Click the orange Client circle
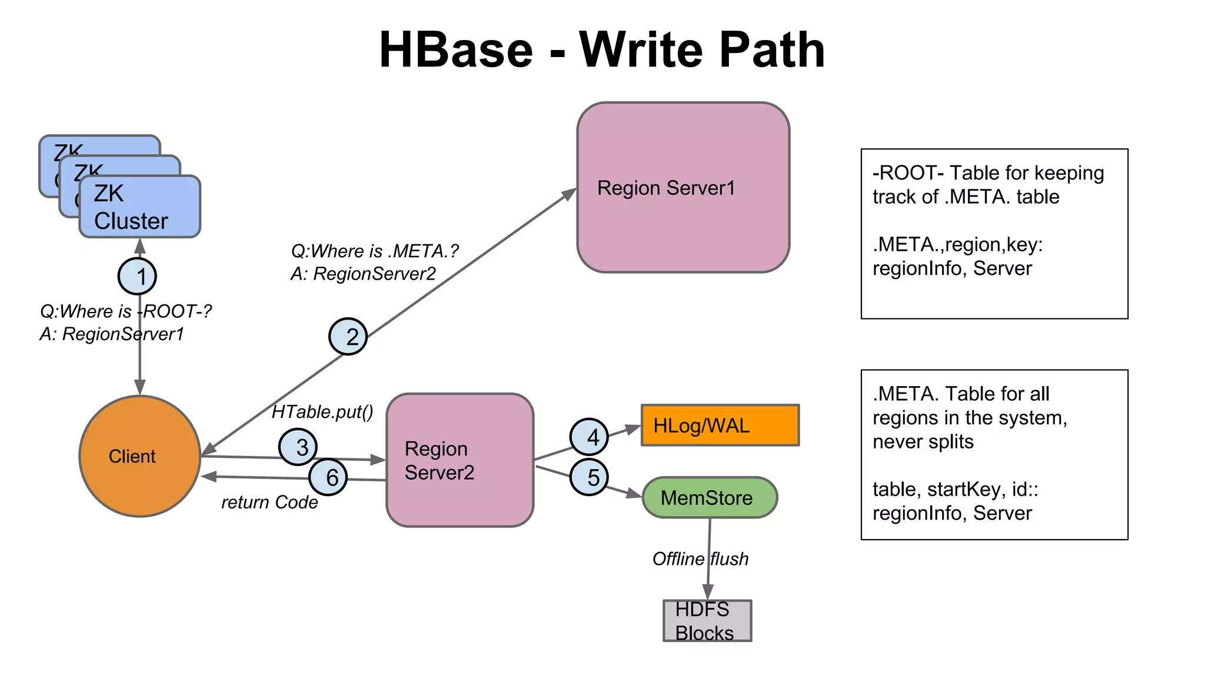click(x=139, y=456)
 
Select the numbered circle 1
click(x=137, y=276)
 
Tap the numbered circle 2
click(x=348, y=337)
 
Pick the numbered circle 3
click(x=298, y=447)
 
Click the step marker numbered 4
click(x=589, y=437)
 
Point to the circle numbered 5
click(x=589, y=477)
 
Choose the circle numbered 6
click(x=328, y=477)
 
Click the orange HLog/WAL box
click(x=720, y=425)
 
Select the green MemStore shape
click(x=710, y=498)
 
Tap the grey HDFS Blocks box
click(x=707, y=621)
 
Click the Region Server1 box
click(x=683, y=188)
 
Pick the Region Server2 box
click(x=460, y=460)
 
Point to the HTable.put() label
click(x=322, y=412)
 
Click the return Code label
click(x=269, y=502)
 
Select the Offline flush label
click(x=700, y=559)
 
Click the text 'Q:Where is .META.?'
click(x=374, y=251)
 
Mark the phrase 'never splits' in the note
click(x=923, y=441)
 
